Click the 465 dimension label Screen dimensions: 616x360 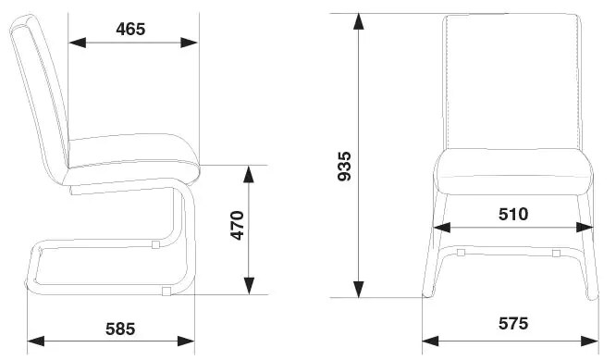(130, 29)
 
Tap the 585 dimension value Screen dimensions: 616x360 (120, 329)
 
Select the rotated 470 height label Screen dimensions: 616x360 (238, 226)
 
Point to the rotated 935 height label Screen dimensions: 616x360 (345, 166)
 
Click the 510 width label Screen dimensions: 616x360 (513, 214)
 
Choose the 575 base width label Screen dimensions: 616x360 (513, 324)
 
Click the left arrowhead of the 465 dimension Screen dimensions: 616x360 (78, 43)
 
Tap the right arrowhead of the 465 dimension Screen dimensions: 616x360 (189, 43)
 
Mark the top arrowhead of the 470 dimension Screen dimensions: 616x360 (249, 175)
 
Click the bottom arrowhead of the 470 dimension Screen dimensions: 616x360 (249, 286)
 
